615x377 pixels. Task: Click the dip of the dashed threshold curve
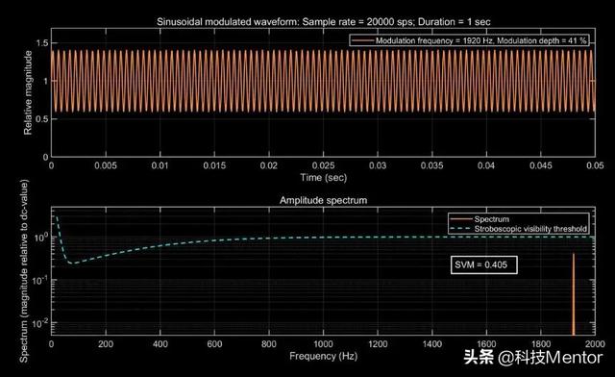[72, 263]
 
